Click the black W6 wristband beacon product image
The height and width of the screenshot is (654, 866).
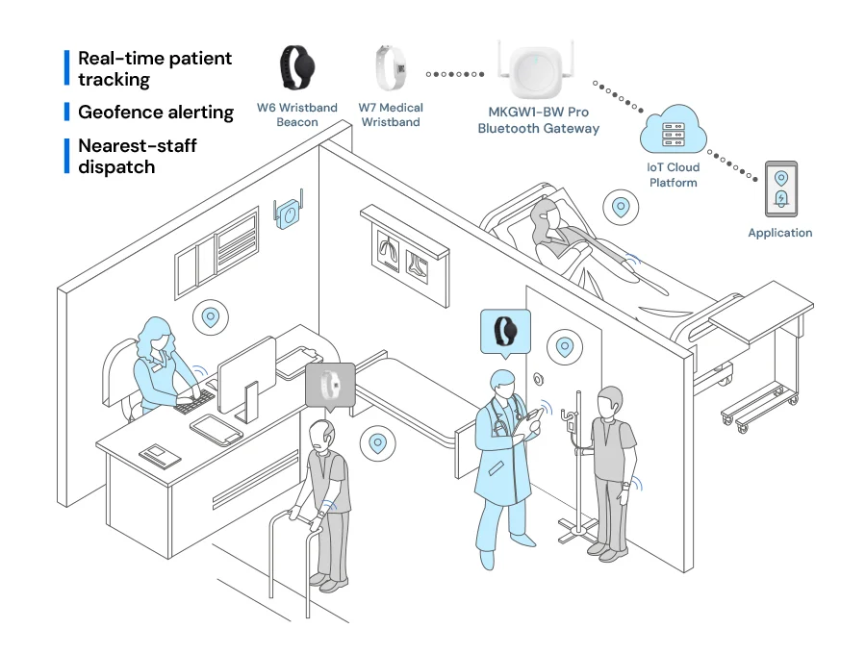[297, 67]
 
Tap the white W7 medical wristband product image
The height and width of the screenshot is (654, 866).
[391, 68]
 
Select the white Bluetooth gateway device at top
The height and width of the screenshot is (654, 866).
[535, 70]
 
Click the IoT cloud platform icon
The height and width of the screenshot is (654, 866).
[674, 130]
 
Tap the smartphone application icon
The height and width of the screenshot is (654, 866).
[781, 189]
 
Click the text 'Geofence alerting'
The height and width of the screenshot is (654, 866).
[156, 112]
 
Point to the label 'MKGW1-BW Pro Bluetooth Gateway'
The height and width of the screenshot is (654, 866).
[539, 120]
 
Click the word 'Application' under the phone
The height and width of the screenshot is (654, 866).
[779, 233]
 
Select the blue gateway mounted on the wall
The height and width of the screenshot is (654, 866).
[288, 212]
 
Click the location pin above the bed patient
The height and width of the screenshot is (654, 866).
[621, 208]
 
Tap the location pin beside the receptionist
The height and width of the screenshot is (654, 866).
[211, 317]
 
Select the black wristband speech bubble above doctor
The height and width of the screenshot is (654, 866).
[505, 333]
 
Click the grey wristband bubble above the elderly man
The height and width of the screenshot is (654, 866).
[330, 386]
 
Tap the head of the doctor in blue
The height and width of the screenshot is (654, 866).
[502, 383]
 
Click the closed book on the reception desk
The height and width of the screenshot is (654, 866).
[160, 456]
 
